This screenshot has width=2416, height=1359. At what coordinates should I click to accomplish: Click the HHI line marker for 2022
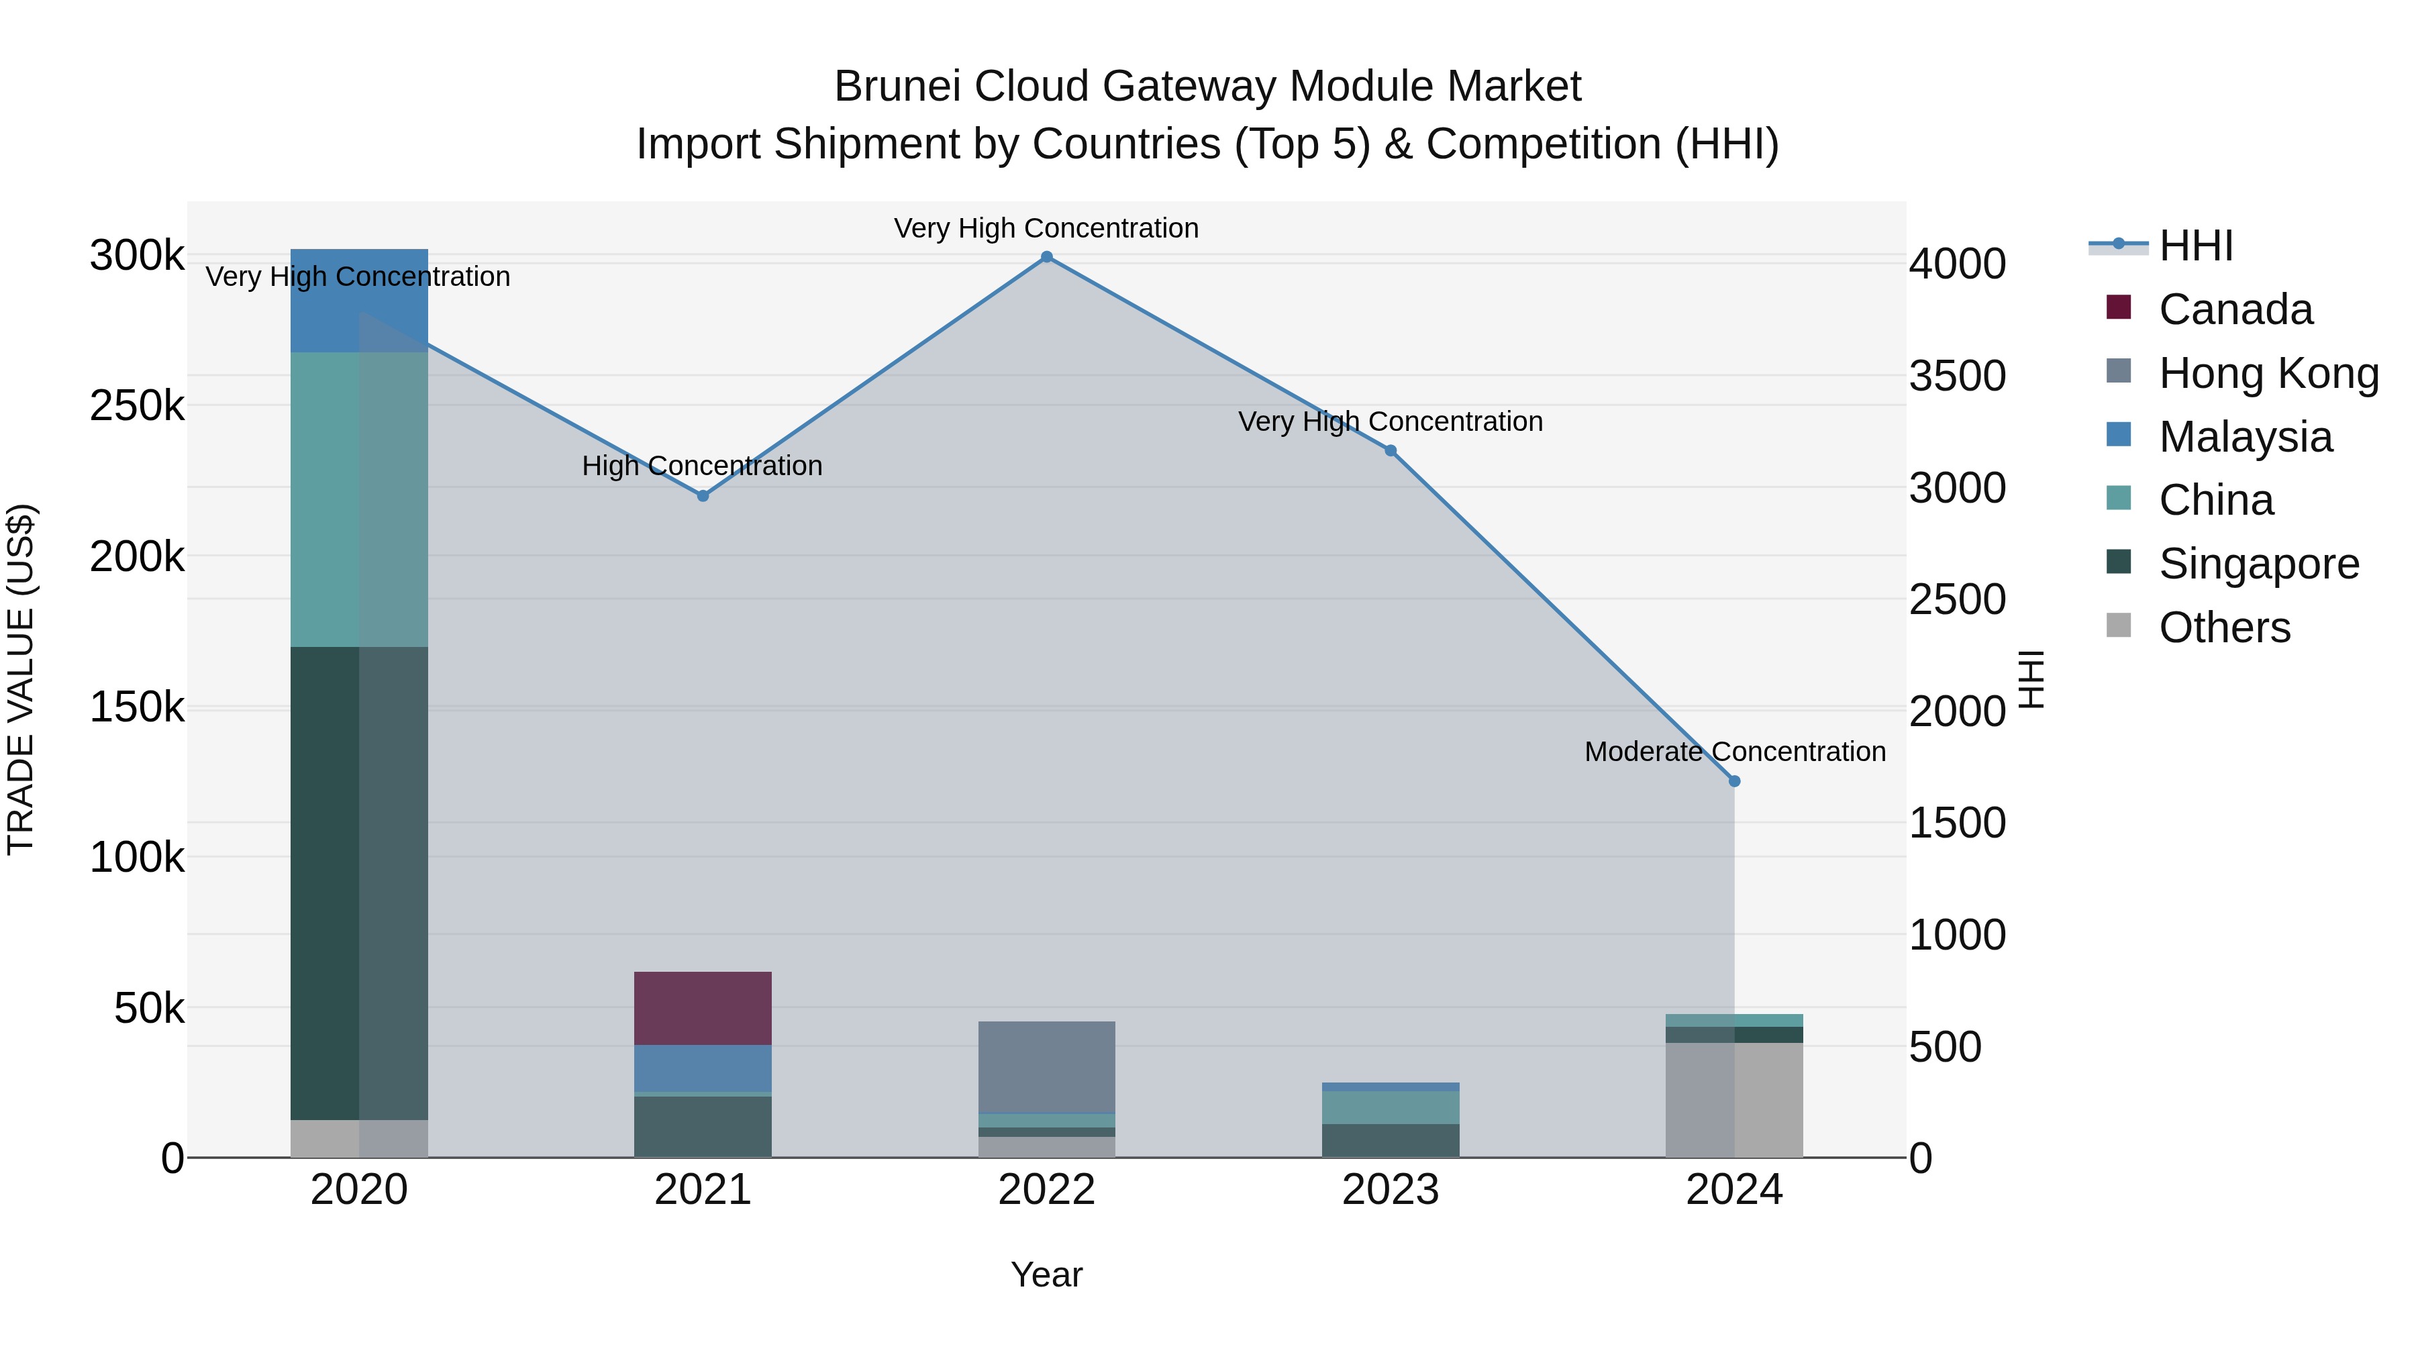point(1047,257)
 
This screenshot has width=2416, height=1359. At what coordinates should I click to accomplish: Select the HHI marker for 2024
point(1734,781)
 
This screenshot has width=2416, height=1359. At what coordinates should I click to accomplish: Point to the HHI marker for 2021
point(703,496)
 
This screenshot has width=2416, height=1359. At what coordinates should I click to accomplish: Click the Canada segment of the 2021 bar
point(703,1008)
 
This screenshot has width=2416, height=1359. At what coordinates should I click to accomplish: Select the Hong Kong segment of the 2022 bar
point(1047,1066)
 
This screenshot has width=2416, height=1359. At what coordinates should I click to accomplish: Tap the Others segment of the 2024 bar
point(1734,1099)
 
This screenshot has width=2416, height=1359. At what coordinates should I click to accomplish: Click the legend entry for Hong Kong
point(2268,373)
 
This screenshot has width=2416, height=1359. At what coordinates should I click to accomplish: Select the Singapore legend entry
point(2258,564)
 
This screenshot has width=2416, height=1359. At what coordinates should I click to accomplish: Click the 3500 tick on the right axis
point(1958,376)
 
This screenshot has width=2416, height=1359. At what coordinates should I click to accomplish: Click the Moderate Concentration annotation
point(1734,752)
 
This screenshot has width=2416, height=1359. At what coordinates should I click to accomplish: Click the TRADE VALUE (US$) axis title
point(21,679)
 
